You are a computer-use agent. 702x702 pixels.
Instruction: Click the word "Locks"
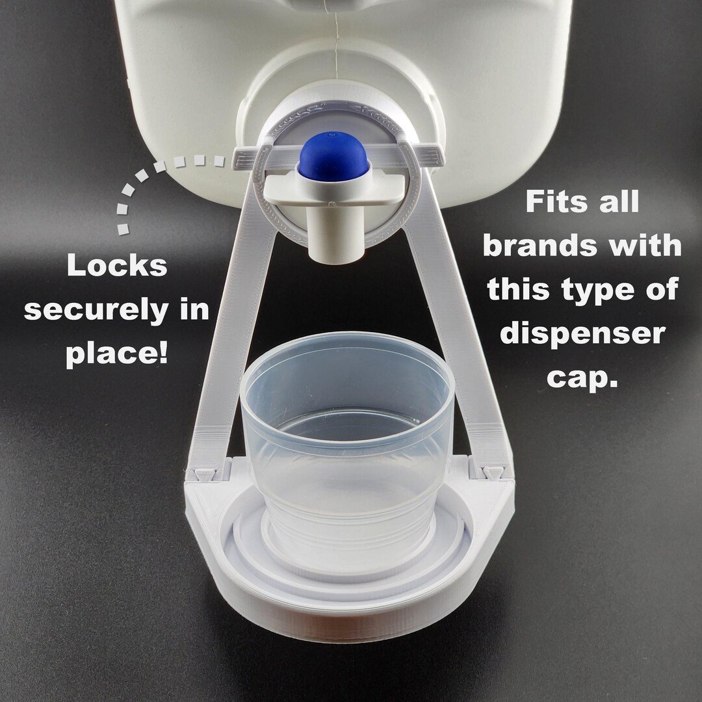click(117, 266)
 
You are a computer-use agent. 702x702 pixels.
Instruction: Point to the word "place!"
click(117, 355)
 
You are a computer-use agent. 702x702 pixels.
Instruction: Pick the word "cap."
click(581, 378)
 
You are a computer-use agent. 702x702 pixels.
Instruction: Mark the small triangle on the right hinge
click(493, 471)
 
